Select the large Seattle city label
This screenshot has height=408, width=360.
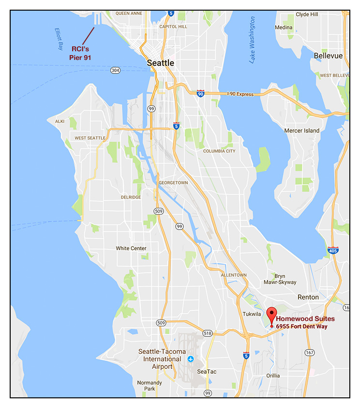pyautogui.click(x=160, y=63)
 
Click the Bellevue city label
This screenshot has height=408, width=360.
pyautogui.click(x=328, y=56)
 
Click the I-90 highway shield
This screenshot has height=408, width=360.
pyautogui.click(x=200, y=93)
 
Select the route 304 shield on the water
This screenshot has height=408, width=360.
pyautogui.click(x=115, y=70)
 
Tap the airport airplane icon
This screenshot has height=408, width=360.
pyautogui.click(x=191, y=359)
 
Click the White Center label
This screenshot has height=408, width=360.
pyautogui.click(x=131, y=248)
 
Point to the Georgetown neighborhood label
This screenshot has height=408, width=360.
pyautogui.click(x=173, y=183)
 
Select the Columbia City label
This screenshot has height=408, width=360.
pyautogui.click(x=219, y=151)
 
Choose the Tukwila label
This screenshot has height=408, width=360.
pyautogui.click(x=252, y=313)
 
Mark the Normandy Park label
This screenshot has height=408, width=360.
pyautogui.click(x=150, y=385)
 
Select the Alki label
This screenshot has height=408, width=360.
pyautogui.click(x=60, y=121)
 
